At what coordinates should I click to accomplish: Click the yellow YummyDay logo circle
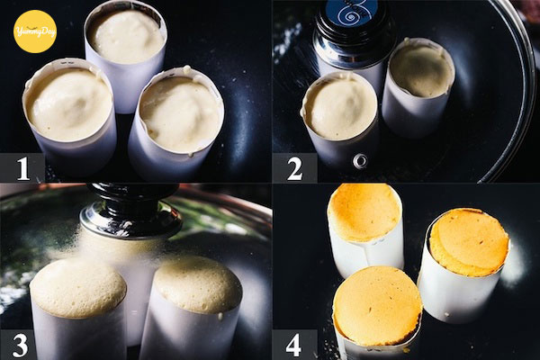(35, 31)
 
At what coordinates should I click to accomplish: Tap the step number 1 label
(22, 168)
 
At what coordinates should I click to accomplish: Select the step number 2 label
(294, 168)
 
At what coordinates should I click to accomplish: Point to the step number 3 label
(20, 346)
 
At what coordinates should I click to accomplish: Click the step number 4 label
(293, 346)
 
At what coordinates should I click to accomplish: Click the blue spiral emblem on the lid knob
(347, 13)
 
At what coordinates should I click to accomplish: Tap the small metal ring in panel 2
(360, 160)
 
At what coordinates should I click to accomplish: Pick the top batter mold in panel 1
(126, 55)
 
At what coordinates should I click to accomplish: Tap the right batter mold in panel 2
(418, 88)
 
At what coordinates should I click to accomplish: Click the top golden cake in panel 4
(364, 229)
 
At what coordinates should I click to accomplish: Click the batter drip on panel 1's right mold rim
(186, 69)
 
